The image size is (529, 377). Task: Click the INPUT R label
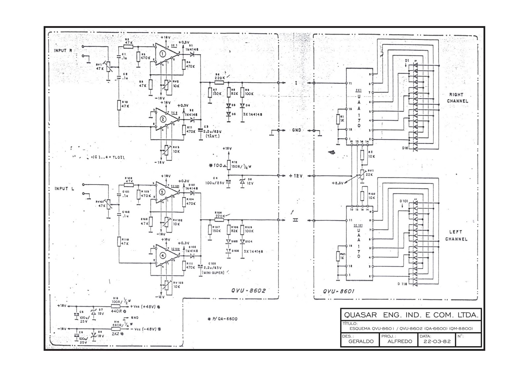(63, 51)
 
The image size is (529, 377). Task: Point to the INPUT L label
(64, 189)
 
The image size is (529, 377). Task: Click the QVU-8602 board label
(248, 291)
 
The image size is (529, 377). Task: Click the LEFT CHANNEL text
(456, 235)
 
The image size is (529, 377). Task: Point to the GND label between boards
(297, 130)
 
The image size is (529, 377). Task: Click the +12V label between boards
(296, 176)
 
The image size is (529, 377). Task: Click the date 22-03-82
(437, 341)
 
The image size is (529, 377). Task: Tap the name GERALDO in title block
(361, 341)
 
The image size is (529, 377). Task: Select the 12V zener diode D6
(242, 182)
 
